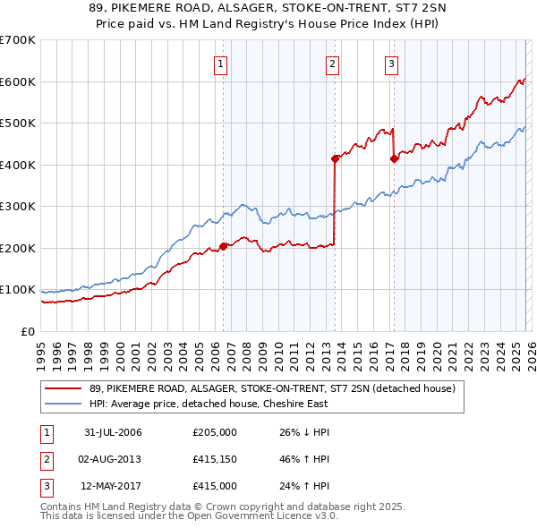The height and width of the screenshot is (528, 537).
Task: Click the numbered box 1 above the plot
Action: (x=220, y=64)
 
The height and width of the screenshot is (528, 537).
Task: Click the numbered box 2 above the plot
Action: (x=332, y=64)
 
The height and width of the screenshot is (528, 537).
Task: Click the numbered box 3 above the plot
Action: (x=391, y=64)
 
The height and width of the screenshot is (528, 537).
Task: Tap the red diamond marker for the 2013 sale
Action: (x=335, y=159)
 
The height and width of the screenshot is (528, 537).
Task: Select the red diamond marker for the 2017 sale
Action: (x=394, y=159)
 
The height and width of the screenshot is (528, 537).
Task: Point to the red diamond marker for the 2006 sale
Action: (x=223, y=246)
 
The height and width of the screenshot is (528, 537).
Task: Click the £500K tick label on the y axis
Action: (x=18, y=123)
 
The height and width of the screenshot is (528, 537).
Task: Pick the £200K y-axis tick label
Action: (x=18, y=248)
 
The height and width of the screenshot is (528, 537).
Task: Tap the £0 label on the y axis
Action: (x=28, y=331)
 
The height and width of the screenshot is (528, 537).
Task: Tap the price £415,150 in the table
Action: (x=215, y=459)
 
